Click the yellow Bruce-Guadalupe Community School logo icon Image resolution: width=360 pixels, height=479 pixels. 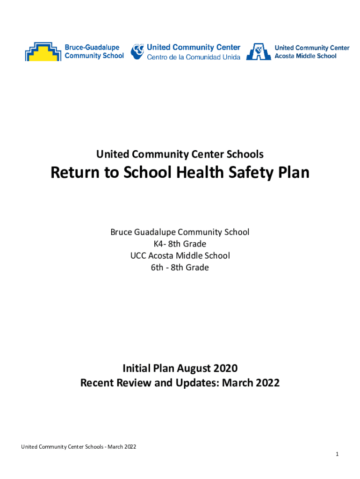[x=43, y=51]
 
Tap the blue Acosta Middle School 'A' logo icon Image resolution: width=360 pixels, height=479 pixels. [x=259, y=51]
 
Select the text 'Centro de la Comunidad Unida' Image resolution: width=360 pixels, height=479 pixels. [x=194, y=57]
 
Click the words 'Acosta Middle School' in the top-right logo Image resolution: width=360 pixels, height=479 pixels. [x=305, y=56]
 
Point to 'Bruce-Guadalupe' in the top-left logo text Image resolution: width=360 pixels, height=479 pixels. [x=92, y=47]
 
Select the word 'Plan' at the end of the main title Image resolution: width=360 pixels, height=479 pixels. [x=293, y=173]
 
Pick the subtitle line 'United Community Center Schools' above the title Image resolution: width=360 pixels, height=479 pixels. [x=180, y=154]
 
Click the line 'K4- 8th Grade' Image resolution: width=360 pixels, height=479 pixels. [x=180, y=244]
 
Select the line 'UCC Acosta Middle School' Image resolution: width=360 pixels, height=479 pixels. [x=180, y=255]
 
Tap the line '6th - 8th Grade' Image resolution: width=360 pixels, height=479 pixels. [x=180, y=268]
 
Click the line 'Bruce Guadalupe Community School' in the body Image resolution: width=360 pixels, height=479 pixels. [x=180, y=232]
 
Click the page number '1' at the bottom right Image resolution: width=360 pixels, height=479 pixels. [x=337, y=455]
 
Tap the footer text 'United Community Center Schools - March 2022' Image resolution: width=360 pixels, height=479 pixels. [x=79, y=447]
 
